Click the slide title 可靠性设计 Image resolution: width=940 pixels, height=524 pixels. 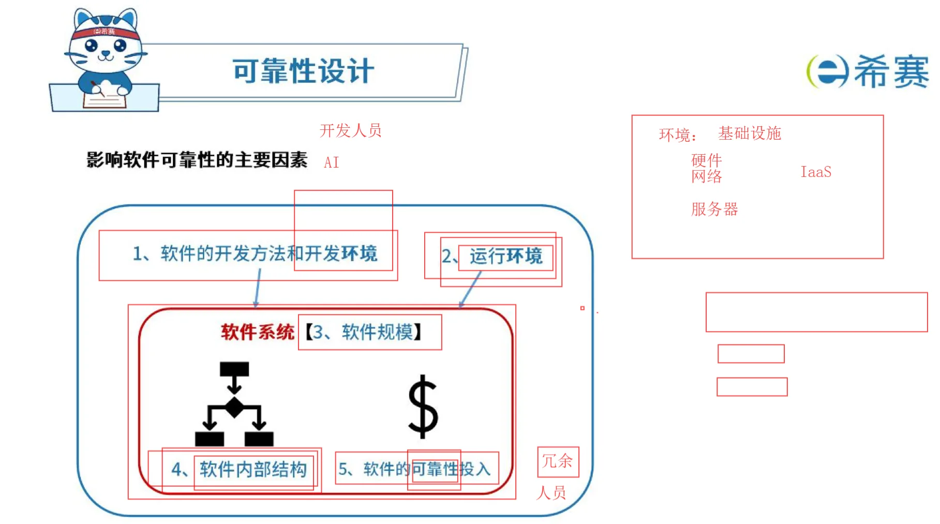(x=303, y=71)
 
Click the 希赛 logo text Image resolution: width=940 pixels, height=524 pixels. (x=891, y=71)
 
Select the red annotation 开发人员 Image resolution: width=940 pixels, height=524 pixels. (x=350, y=130)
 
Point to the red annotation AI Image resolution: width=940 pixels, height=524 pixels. (x=332, y=162)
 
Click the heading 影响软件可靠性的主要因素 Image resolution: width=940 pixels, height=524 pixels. (x=197, y=160)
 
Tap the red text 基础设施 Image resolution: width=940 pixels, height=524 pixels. (x=750, y=133)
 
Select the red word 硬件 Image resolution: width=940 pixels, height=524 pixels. (x=707, y=160)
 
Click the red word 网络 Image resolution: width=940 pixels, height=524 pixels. (x=707, y=176)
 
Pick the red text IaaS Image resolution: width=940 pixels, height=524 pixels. (x=816, y=172)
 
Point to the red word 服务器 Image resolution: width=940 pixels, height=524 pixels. (x=714, y=209)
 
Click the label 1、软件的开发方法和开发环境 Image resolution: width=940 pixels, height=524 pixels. (x=255, y=253)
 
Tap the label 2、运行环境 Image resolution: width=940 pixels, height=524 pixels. (x=492, y=256)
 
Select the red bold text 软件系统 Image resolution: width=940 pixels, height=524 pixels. (x=258, y=332)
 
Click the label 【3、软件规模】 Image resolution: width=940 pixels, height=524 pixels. (x=364, y=332)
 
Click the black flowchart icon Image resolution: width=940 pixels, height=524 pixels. (x=234, y=404)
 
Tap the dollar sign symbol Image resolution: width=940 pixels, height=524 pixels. (x=423, y=407)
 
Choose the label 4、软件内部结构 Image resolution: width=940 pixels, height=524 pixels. (x=239, y=469)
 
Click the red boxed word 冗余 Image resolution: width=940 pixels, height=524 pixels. (x=558, y=461)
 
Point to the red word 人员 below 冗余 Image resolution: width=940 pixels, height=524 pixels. (x=551, y=492)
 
